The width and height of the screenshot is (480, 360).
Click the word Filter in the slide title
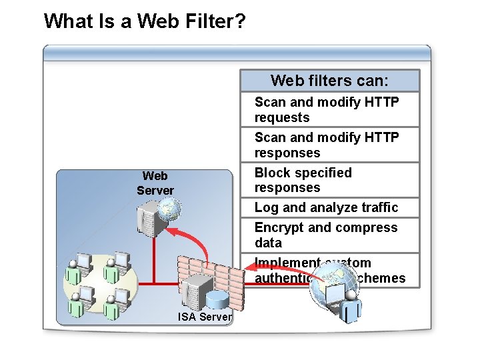pos(201,21)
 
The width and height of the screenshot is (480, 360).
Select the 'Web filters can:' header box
pos(329,81)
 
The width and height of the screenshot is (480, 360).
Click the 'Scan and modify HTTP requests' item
pos(327,110)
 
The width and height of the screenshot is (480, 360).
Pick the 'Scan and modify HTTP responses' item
pos(327,145)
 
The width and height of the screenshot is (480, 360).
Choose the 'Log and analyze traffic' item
pos(326,207)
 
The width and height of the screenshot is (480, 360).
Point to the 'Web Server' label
pos(155,183)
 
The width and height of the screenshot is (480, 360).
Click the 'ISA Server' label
pos(205,317)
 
